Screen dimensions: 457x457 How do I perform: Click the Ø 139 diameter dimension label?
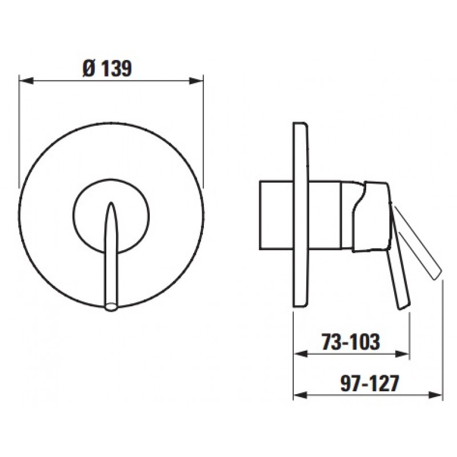click(107, 69)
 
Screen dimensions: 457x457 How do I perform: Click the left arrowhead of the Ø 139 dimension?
click(26, 81)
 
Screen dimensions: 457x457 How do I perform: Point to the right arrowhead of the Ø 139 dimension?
click(196, 81)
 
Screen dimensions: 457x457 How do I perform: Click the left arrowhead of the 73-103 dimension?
click(300, 354)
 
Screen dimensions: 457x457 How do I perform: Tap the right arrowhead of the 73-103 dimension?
click(403, 354)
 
